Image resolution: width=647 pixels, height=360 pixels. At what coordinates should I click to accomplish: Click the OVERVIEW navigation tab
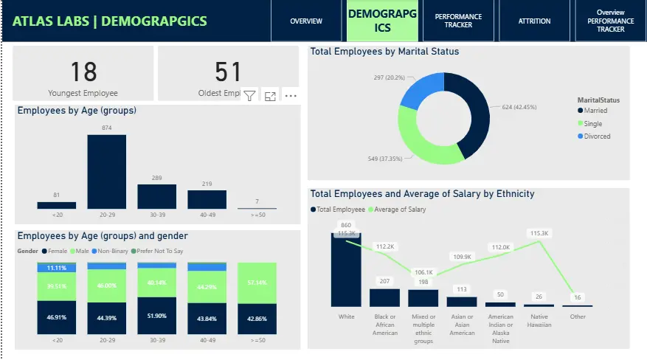pyautogui.click(x=305, y=21)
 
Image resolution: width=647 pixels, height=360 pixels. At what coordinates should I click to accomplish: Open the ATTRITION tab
pyautogui.click(x=534, y=21)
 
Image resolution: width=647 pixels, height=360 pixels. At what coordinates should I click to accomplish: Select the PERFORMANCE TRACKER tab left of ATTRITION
pyautogui.click(x=458, y=21)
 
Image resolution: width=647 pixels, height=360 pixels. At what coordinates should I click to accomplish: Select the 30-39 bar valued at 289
pyautogui.click(x=156, y=196)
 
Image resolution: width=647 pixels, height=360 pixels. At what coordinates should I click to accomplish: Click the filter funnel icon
pyautogui.click(x=249, y=96)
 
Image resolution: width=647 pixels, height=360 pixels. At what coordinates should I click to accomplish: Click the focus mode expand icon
pyautogui.click(x=270, y=96)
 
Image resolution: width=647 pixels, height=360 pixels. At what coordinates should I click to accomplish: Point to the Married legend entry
pyautogui.click(x=595, y=111)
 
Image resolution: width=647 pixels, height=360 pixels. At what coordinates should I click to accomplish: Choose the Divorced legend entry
pyautogui.click(x=596, y=136)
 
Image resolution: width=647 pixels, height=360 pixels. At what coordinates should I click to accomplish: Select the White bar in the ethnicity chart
pyautogui.click(x=346, y=269)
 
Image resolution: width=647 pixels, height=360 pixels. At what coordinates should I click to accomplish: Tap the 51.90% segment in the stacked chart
pyautogui.click(x=156, y=316)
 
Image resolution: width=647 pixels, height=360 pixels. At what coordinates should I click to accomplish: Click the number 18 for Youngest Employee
pyautogui.click(x=83, y=72)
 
